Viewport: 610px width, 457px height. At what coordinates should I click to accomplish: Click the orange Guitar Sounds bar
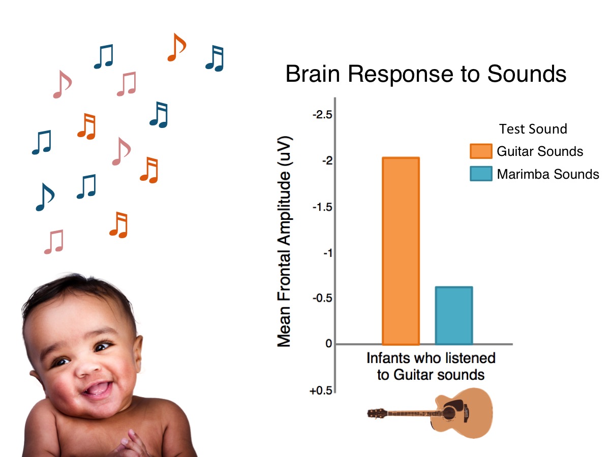pyautogui.click(x=401, y=251)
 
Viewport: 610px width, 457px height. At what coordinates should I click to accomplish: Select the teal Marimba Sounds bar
pyautogui.click(x=454, y=315)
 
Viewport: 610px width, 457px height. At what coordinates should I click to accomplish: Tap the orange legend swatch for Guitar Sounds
pyautogui.click(x=480, y=151)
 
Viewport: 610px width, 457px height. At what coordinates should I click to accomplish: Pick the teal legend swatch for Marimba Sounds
pyautogui.click(x=480, y=174)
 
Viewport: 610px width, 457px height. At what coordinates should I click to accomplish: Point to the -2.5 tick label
pyautogui.click(x=322, y=115)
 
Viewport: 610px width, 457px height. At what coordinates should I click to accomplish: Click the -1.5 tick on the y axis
pyautogui.click(x=322, y=207)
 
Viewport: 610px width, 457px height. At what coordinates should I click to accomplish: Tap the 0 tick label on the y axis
pyautogui.click(x=328, y=344)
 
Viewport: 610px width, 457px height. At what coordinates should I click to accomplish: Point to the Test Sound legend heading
pyautogui.click(x=533, y=129)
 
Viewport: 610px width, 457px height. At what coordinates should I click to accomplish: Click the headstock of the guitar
pyautogui.click(x=376, y=413)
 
